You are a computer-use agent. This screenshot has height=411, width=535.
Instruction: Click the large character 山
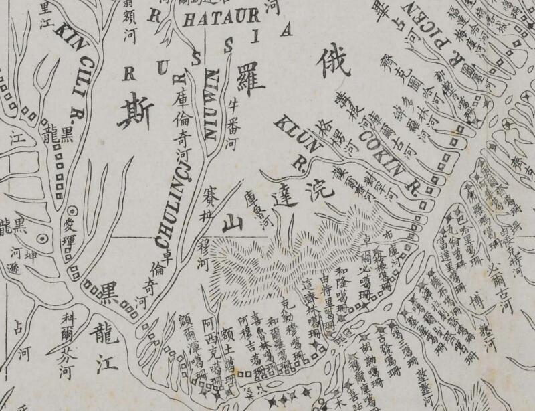(232, 220)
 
